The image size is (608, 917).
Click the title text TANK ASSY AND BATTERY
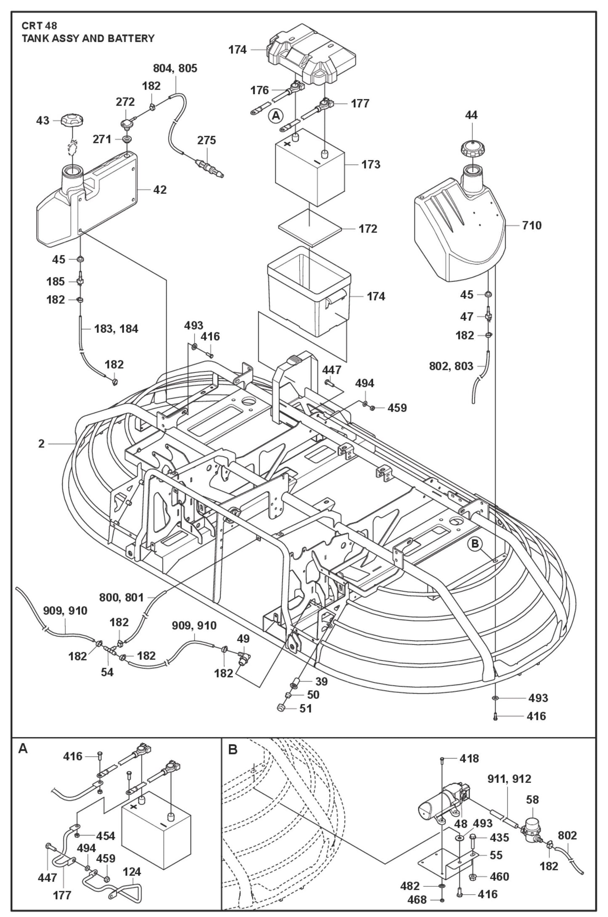88,38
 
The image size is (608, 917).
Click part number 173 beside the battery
371,164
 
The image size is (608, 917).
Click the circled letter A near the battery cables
276,115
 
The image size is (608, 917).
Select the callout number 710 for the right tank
532,225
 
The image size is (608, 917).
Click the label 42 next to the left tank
159,190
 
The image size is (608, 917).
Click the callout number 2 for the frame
41,444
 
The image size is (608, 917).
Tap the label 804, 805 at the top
175,68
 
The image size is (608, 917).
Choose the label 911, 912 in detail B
509,779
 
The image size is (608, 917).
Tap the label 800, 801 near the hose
122,597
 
